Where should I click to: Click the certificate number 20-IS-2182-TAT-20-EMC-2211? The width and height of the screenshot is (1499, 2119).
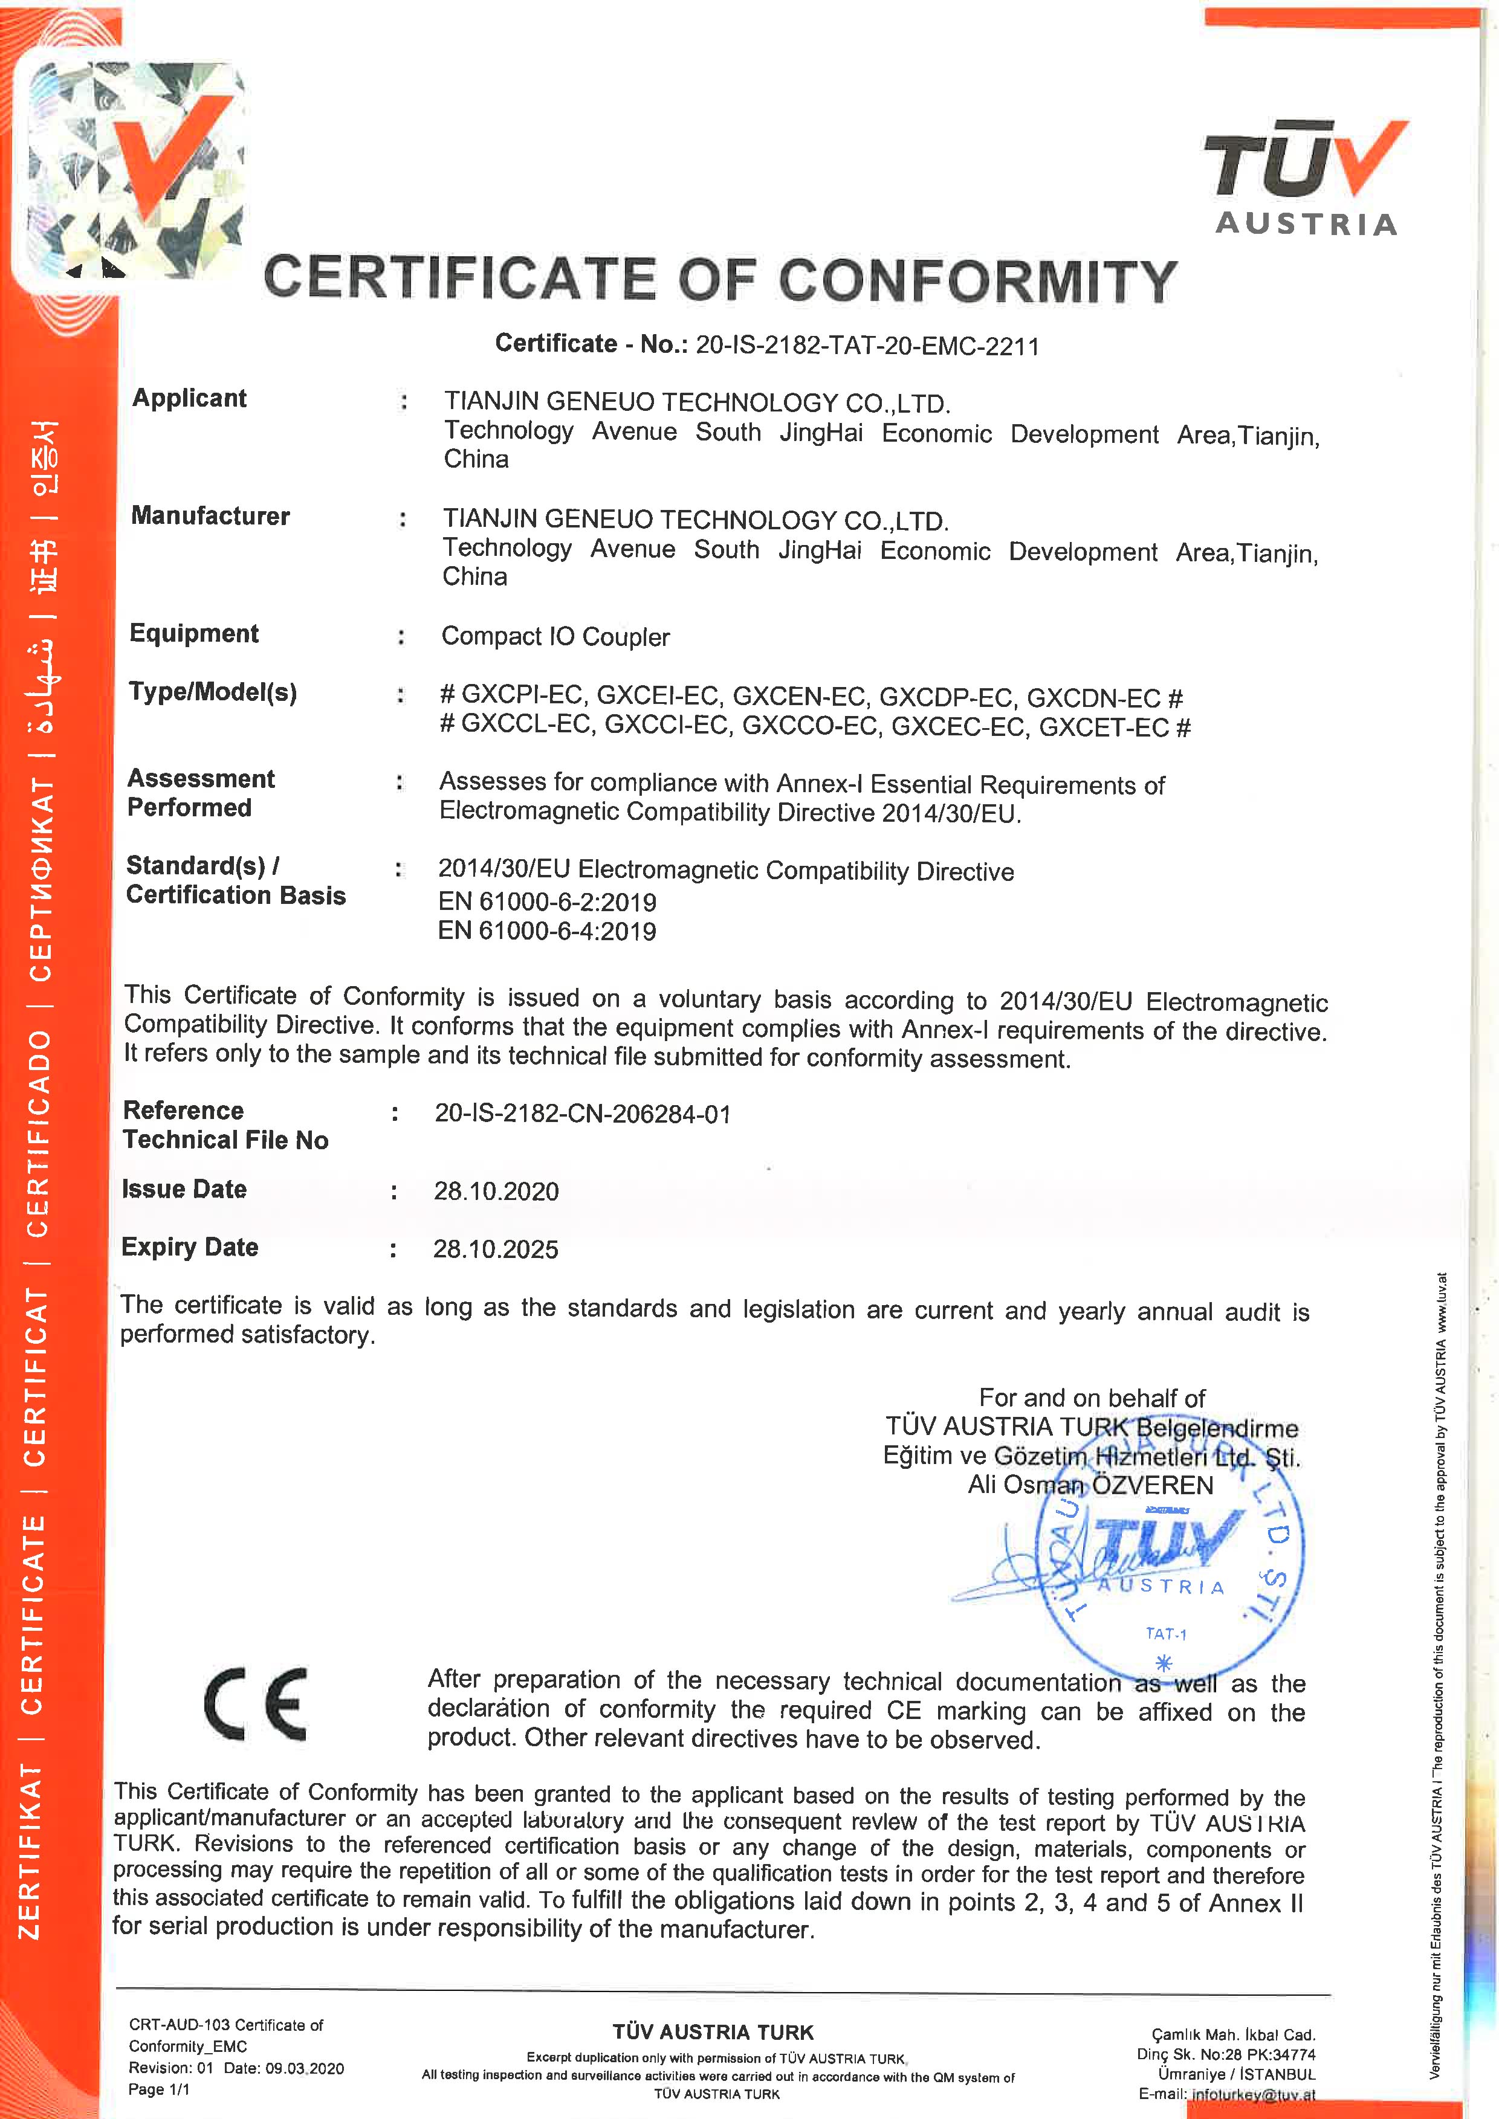click(867, 346)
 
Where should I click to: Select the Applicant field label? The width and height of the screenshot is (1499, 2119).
click(189, 399)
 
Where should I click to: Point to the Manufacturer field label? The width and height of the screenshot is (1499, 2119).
click(210, 516)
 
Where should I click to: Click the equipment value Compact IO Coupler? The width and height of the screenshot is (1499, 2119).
click(555, 637)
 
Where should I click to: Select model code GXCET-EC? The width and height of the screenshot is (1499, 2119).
click(1104, 728)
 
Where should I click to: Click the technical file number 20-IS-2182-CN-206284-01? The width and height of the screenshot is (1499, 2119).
click(583, 1114)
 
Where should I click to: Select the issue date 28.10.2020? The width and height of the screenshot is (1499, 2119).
click(496, 1192)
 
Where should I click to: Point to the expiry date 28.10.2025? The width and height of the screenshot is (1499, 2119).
click(496, 1250)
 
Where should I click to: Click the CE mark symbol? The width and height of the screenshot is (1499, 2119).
click(256, 1705)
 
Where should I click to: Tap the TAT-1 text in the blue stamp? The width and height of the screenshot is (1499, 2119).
click(1166, 1634)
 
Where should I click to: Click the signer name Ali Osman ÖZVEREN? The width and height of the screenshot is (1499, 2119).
click(1090, 1485)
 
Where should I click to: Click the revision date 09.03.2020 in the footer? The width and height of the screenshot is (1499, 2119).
click(305, 2068)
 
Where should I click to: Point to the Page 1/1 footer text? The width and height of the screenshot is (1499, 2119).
click(159, 2089)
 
